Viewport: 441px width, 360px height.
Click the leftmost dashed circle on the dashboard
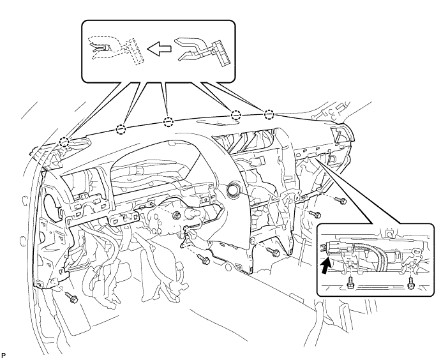pos(63,142)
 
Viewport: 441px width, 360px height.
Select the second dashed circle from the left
pos(121,130)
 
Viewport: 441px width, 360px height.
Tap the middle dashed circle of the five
pos(168,122)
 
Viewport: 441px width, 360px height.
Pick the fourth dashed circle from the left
pos(235,116)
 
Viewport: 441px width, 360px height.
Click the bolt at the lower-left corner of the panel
pos(71,297)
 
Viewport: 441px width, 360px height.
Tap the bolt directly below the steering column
pos(204,260)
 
